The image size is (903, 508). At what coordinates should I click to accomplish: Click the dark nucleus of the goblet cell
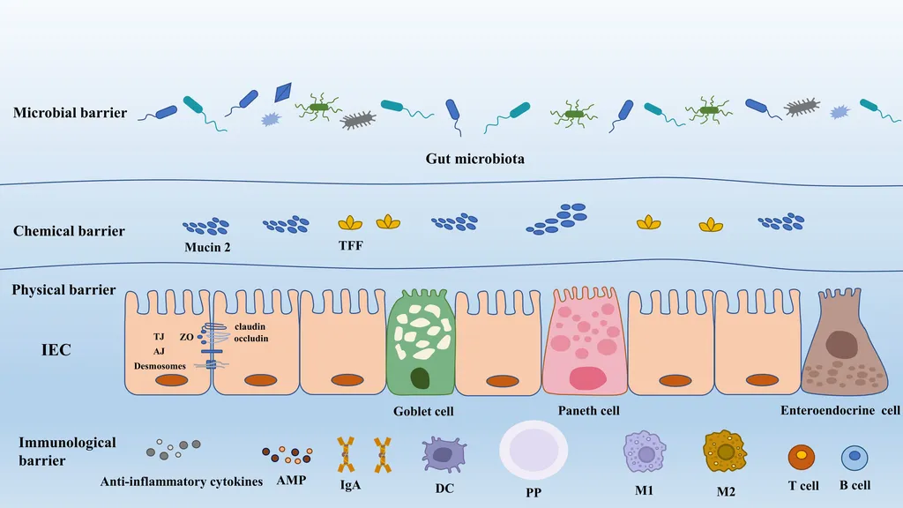tap(420, 378)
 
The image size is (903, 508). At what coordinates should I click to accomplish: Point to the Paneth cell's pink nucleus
tap(587, 378)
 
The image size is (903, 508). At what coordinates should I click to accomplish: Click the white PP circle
tap(534, 450)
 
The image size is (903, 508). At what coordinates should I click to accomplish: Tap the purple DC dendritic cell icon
tap(443, 454)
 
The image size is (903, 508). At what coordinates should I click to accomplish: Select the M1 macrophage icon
tap(645, 452)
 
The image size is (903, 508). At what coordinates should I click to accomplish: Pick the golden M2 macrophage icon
tap(725, 452)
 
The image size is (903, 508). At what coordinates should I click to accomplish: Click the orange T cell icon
tap(801, 458)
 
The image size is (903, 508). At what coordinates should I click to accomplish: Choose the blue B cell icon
tap(854, 458)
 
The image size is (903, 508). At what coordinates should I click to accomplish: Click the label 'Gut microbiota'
tap(475, 159)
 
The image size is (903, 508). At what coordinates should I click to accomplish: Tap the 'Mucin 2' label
tap(207, 248)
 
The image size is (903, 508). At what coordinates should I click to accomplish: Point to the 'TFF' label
tap(351, 246)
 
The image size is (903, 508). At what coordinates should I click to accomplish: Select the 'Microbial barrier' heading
tap(71, 112)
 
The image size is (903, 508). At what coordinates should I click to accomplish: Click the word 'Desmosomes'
tap(160, 366)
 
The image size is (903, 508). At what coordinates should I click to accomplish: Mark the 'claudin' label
tap(250, 326)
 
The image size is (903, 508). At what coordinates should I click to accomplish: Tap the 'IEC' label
tap(56, 350)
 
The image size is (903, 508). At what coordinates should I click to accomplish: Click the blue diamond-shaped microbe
tap(283, 92)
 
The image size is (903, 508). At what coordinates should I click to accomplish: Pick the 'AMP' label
tap(291, 481)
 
